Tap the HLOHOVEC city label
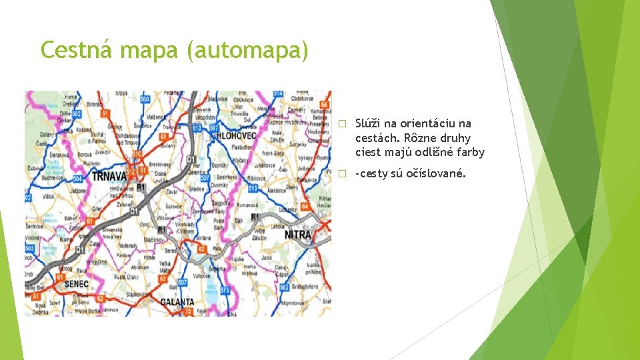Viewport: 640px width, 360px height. pos(236,135)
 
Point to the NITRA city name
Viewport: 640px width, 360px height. pos(298,235)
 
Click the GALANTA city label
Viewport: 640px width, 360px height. pos(177,301)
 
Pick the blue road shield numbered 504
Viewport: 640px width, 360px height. pos(29,197)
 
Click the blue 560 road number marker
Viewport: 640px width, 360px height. pos(145,99)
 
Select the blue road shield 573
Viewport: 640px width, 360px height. pos(225,290)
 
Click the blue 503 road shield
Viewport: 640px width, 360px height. pos(30,249)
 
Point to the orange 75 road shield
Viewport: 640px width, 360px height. pos(189,311)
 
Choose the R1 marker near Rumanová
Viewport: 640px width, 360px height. pos(255,217)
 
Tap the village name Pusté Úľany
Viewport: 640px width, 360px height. pos(127,276)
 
